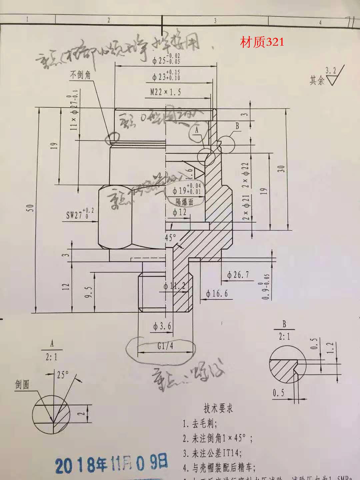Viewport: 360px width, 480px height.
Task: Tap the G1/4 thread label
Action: [165, 346]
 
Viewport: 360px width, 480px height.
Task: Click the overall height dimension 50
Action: [30, 208]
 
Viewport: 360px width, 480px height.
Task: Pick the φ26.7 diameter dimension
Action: [238, 275]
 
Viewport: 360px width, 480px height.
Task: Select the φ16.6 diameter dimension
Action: [217, 293]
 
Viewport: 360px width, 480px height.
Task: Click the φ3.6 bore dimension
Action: [162, 326]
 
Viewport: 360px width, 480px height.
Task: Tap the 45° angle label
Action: [170, 238]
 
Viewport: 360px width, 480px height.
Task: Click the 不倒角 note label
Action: [80, 75]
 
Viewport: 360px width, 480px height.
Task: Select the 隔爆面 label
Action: [184, 201]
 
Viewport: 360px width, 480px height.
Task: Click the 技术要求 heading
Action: [218, 408]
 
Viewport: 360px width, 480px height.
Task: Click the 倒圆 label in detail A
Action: [22, 385]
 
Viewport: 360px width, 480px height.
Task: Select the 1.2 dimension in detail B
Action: [330, 348]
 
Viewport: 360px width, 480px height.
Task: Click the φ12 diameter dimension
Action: [180, 212]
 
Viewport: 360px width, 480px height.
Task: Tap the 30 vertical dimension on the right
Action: [282, 169]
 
